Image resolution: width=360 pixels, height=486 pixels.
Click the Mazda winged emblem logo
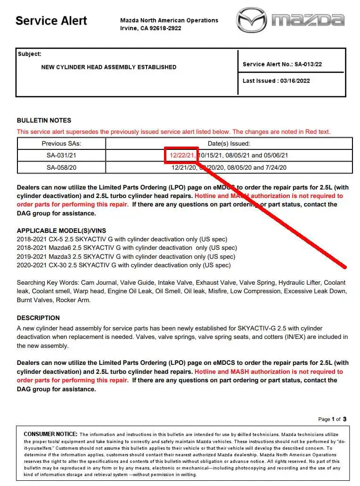click(x=251, y=20)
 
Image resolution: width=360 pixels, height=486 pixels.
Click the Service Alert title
click(x=51, y=21)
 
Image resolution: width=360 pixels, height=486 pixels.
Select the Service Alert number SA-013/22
click(x=282, y=64)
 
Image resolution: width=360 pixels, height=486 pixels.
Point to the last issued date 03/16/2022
click(x=294, y=81)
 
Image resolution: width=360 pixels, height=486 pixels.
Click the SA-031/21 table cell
click(x=61, y=155)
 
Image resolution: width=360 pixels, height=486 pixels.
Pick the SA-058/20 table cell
click(x=61, y=167)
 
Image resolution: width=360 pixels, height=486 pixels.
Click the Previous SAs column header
click(x=61, y=143)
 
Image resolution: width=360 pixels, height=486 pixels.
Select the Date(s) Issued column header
click(x=229, y=143)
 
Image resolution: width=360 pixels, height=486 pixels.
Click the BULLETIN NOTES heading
click(x=44, y=120)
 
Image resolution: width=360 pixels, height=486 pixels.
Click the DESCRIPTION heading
click(x=38, y=318)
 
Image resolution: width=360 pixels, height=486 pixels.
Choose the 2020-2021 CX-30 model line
click(x=124, y=265)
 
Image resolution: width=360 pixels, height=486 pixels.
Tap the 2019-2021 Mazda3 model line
click(x=126, y=257)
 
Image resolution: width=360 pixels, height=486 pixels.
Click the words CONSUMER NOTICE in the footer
click(x=50, y=434)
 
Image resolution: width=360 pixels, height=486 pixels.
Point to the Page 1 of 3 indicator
click(x=332, y=419)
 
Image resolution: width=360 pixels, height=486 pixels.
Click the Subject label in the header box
click(x=30, y=54)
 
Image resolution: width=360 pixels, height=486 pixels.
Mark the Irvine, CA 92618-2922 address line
click(x=151, y=28)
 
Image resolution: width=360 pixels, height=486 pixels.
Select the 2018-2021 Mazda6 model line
click(x=127, y=248)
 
